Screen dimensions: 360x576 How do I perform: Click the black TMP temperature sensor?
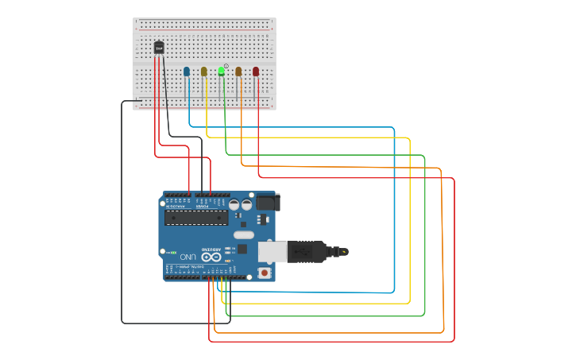(159, 48)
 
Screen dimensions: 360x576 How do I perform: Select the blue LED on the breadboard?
(187, 72)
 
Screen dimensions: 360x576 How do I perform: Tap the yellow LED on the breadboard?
(204, 72)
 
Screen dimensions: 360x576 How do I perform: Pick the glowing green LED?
(221, 72)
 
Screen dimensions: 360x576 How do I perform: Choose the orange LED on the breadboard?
(238, 72)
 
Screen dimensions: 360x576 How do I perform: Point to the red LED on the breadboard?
(256, 72)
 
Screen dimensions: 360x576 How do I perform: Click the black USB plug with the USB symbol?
(306, 251)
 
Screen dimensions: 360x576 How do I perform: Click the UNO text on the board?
(187, 257)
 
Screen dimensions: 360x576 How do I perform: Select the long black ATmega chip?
(195, 217)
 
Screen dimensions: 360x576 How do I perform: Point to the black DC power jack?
(265, 203)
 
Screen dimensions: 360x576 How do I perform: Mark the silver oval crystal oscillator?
(244, 234)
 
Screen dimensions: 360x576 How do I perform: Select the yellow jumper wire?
(410, 223)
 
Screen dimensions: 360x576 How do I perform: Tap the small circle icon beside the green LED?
(226, 66)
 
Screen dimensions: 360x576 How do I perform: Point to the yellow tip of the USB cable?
(344, 252)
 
